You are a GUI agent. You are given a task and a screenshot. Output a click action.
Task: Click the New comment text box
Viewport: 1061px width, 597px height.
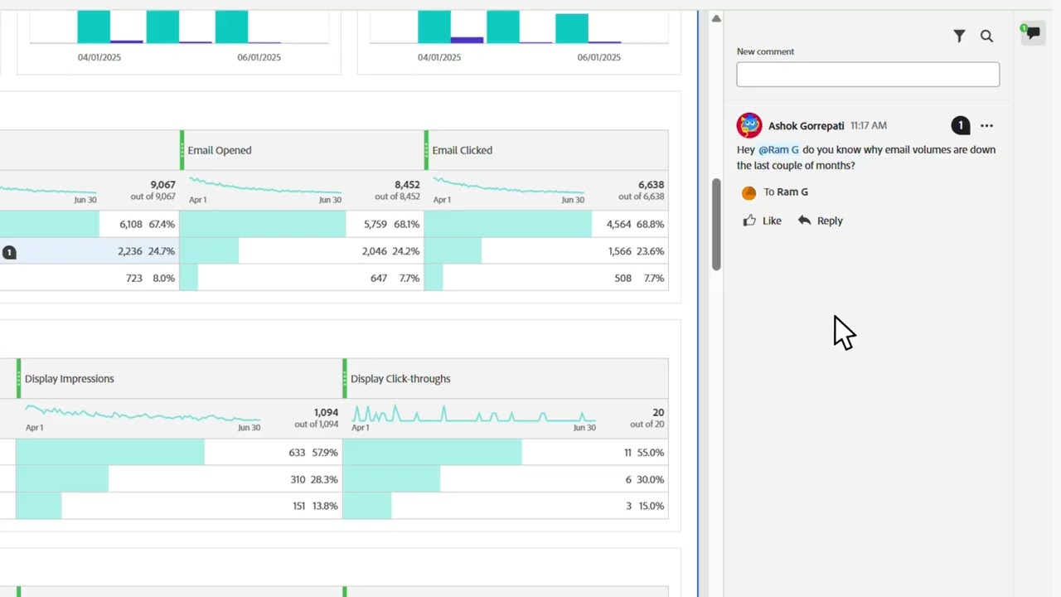click(x=867, y=75)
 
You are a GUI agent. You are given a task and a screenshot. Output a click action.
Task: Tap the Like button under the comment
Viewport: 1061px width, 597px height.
click(x=762, y=221)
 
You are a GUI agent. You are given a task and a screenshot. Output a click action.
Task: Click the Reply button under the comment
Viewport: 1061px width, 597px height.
click(x=820, y=221)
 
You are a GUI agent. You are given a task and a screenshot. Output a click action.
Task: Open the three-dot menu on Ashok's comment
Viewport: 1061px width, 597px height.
click(x=986, y=126)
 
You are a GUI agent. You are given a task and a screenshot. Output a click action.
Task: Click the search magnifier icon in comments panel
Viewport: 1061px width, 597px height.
click(x=986, y=36)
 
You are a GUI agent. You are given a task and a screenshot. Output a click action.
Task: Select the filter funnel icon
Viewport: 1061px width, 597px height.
click(x=959, y=36)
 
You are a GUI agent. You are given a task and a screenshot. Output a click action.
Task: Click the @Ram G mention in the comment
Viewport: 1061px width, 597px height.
click(x=778, y=150)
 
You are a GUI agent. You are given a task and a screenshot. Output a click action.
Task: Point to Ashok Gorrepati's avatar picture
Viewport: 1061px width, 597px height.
click(x=749, y=125)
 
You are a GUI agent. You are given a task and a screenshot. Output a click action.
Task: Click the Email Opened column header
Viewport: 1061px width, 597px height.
click(x=220, y=150)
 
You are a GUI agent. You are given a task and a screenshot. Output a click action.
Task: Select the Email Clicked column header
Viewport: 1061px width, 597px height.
click(x=463, y=150)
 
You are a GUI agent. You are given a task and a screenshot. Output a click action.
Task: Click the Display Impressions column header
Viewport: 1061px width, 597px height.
click(x=70, y=379)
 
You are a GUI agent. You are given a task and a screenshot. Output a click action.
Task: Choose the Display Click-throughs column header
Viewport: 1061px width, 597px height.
click(x=400, y=379)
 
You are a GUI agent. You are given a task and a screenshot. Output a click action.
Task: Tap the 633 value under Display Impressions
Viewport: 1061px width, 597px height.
click(x=297, y=453)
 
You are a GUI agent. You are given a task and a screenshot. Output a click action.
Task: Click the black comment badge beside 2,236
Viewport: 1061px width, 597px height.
click(x=9, y=252)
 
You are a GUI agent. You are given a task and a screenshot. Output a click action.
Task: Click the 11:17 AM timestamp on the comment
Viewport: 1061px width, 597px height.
click(x=868, y=126)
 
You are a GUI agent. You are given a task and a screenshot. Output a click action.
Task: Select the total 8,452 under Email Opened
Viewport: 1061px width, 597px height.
click(x=406, y=185)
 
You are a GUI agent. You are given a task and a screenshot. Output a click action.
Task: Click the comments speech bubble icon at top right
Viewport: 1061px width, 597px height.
click(x=1032, y=34)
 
